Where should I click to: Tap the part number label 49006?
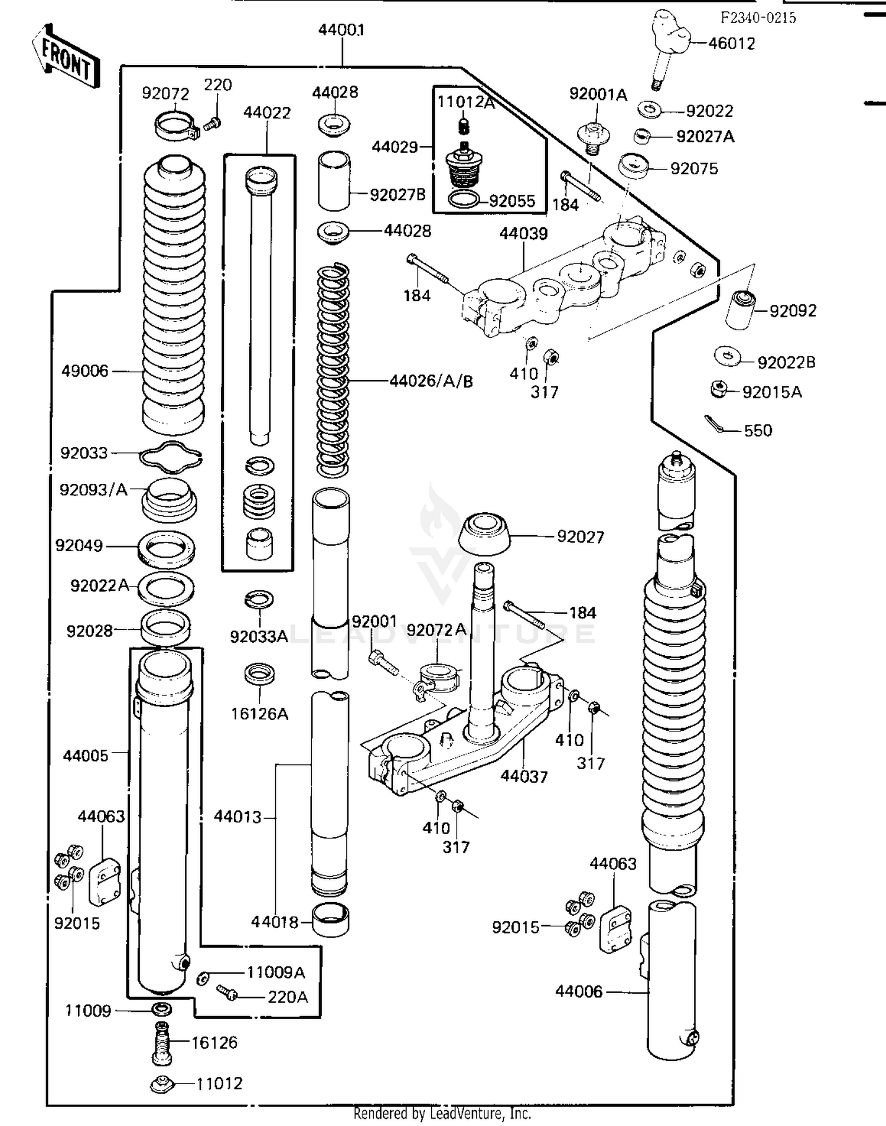click(x=85, y=371)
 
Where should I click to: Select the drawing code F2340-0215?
click(x=758, y=18)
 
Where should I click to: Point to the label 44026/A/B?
click(x=431, y=382)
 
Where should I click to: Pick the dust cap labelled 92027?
click(x=484, y=534)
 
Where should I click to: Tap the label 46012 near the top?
click(x=731, y=44)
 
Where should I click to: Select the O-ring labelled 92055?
click(x=464, y=200)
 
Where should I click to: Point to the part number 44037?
click(x=524, y=776)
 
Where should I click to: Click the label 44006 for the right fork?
click(x=579, y=991)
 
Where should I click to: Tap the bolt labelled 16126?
click(x=162, y=1043)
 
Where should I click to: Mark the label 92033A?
click(x=259, y=636)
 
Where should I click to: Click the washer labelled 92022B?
click(x=727, y=356)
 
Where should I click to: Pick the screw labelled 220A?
click(x=227, y=992)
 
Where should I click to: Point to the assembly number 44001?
click(x=341, y=30)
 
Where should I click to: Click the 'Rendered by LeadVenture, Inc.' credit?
click(x=442, y=1114)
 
